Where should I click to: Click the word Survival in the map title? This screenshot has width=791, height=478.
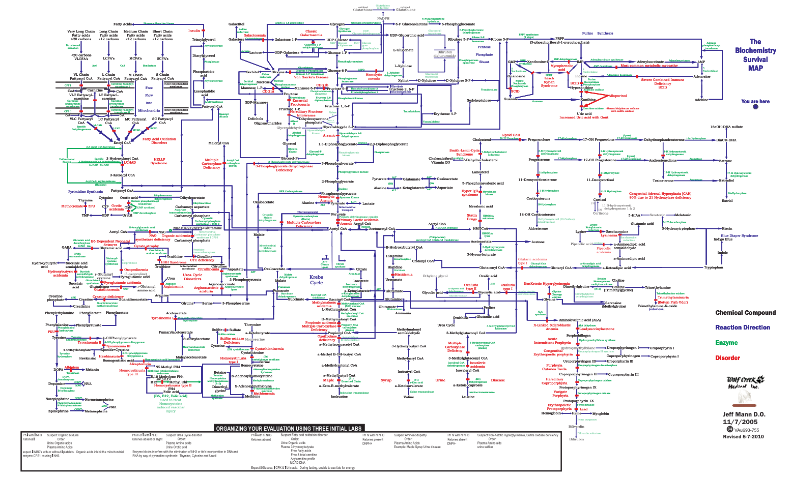(x=755, y=59)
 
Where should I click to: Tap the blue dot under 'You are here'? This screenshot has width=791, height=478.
(x=755, y=107)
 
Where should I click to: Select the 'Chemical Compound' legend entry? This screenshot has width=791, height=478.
(x=745, y=313)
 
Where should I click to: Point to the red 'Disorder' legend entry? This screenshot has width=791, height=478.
(x=727, y=358)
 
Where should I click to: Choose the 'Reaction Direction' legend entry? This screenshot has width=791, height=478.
(x=743, y=327)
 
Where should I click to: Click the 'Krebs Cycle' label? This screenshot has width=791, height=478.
(x=317, y=280)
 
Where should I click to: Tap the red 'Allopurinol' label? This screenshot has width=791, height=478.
(x=618, y=96)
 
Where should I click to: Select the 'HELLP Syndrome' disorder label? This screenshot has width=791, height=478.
(x=159, y=161)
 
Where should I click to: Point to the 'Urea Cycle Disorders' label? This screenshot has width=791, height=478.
(x=192, y=277)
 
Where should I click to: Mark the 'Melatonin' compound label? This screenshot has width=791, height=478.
(x=683, y=215)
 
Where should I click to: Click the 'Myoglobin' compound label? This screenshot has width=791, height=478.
(x=601, y=413)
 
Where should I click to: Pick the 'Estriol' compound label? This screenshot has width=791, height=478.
(x=727, y=200)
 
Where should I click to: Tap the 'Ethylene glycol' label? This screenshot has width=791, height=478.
(x=435, y=276)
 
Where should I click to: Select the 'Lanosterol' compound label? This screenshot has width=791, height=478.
(x=480, y=172)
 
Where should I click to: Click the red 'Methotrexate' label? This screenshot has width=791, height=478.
(x=72, y=206)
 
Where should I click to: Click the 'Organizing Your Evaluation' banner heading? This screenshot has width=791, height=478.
(x=289, y=428)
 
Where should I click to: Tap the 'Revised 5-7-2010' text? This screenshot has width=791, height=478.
(x=743, y=436)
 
